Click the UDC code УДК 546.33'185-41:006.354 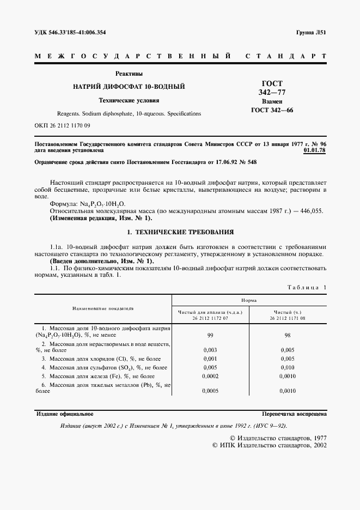[70, 33]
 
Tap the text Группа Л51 [311, 33]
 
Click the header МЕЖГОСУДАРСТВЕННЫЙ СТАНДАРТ [180, 56]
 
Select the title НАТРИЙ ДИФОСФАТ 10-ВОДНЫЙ [129, 87]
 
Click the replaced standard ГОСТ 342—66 [271, 111]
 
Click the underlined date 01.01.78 [314, 150]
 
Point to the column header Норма [249, 300]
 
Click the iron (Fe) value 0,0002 [210, 376]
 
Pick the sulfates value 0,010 [288, 368]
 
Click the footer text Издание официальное [64, 414]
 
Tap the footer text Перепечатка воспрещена [294, 414]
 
